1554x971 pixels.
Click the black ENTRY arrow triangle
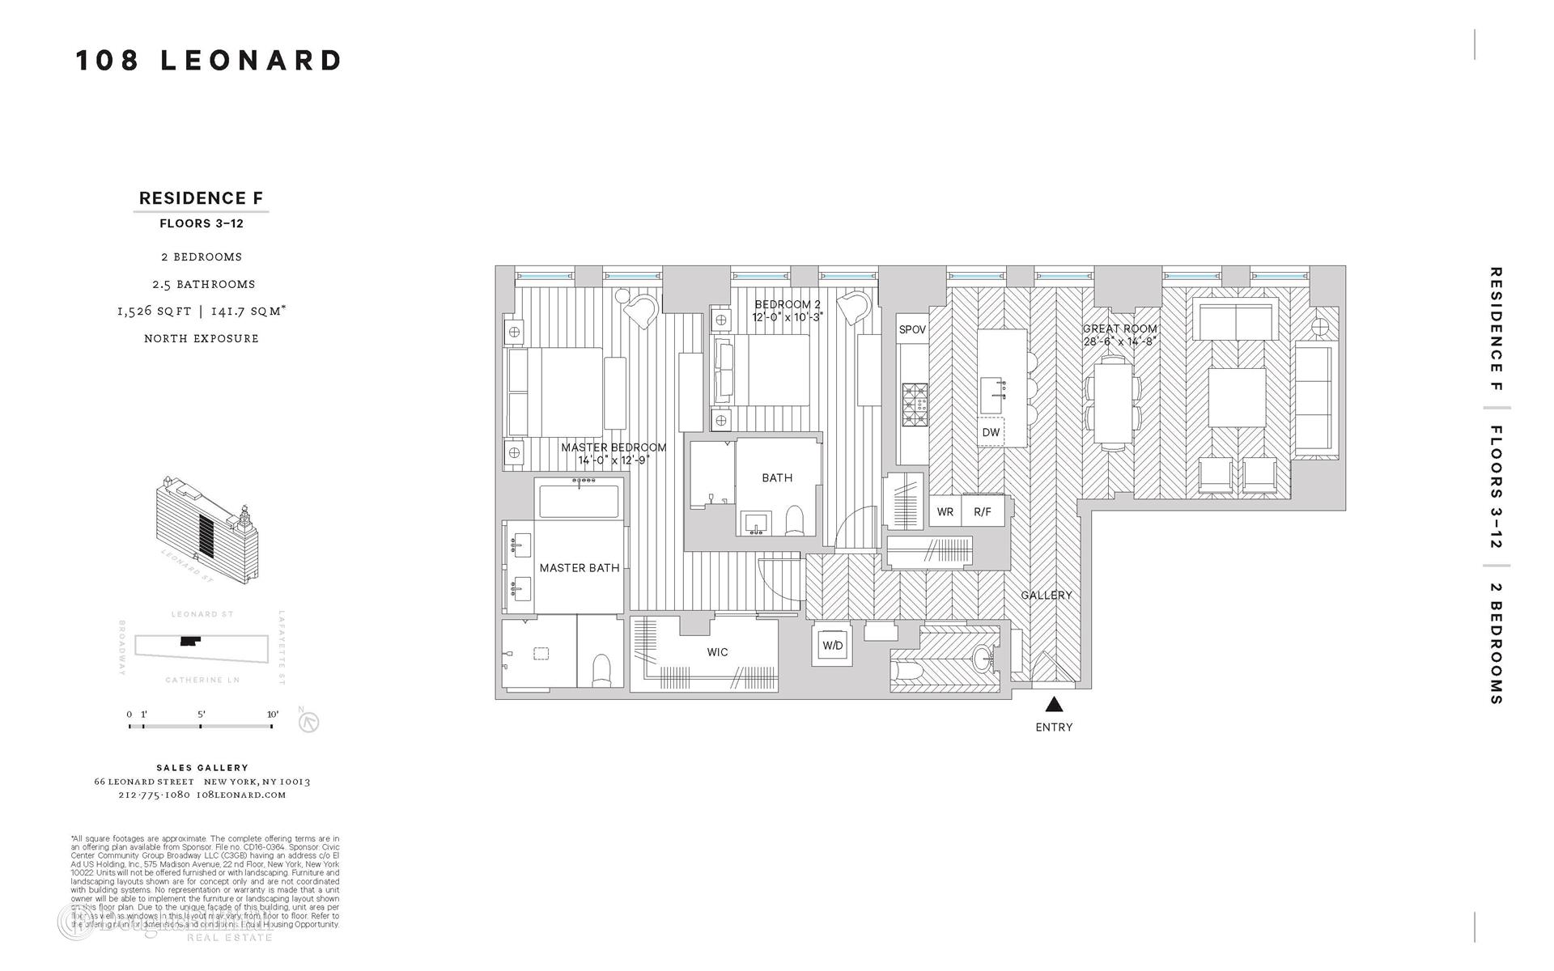[1053, 704]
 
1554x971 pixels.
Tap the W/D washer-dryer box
[832, 645]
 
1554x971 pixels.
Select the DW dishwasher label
[991, 432]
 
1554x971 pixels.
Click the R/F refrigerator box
[983, 511]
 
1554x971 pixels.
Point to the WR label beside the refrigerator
[945, 511]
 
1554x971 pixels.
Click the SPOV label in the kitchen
[912, 329]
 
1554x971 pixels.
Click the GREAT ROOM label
[1120, 329]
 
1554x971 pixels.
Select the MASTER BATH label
[580, 568]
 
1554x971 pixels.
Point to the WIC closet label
[717, 651]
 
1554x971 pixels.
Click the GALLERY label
[1046, 595]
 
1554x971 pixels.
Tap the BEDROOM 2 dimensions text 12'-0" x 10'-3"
[787, 317]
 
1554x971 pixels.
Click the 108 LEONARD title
[210, 61]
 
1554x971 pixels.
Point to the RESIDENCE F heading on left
[201, 198]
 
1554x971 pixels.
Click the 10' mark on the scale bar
[272, 726]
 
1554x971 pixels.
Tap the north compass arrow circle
[309, 722]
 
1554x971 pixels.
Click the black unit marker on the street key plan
[190, 641]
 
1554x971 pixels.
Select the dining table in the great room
[1112, 405]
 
